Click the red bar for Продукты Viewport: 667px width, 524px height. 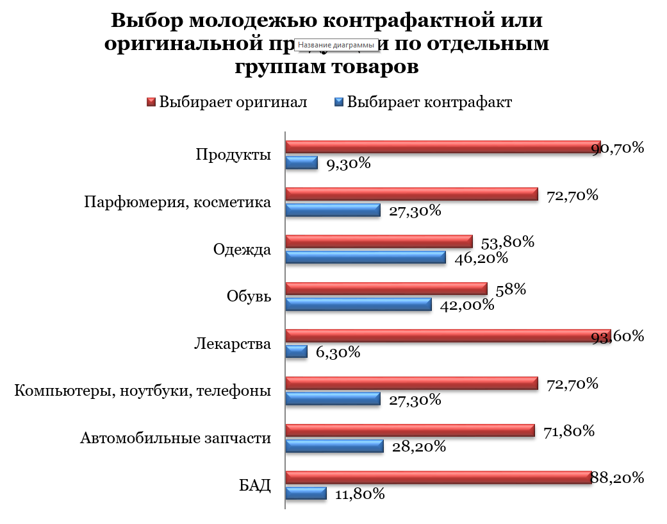[x=442, y=147]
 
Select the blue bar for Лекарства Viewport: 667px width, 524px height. [x=296, y=351]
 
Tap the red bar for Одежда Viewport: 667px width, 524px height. [x=379, y=241]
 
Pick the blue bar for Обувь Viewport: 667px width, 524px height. [x=358, y=304]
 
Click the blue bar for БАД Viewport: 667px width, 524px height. [x=306, y=493]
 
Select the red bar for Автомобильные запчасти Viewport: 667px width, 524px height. [x=409, y=430]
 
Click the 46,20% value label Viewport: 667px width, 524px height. [x=481, y=258]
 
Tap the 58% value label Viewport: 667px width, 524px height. [x=511, y=289]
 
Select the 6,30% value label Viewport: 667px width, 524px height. [x=338, y=352]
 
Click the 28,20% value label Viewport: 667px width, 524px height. [x=419, y=446]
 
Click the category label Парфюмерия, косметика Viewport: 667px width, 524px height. [x=177, y=203]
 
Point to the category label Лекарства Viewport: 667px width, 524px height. [x=233, y=344]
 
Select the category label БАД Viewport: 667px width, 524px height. [x=255, y=485]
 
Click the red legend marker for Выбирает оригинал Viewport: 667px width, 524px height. [x=152, y=102]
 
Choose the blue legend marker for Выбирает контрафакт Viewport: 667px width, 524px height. [x=340, y=102]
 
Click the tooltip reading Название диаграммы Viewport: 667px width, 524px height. [x=336, y=45]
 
